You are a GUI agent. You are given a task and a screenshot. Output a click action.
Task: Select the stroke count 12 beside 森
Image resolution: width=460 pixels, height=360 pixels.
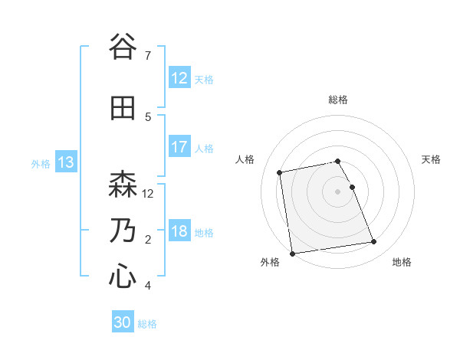(x=149, y=194)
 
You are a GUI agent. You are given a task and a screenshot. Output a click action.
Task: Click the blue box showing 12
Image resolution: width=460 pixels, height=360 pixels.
(x=179, y=78)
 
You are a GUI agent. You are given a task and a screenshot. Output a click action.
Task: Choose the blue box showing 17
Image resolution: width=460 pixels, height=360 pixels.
(x=179, y=147)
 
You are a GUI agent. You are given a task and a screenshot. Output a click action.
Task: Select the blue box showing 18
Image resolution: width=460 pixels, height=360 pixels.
(x=179, y=231)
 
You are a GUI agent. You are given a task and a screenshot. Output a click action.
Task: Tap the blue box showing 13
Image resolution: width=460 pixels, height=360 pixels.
(x=65, y=162)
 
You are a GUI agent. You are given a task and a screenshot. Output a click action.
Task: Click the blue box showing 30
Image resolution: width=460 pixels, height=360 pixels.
(x=123, y=323)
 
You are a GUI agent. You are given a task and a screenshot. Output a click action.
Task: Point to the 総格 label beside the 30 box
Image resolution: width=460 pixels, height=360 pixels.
(x=147, y=324)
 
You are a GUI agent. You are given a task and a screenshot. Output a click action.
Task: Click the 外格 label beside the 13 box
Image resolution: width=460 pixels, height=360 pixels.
(x=41, y=163)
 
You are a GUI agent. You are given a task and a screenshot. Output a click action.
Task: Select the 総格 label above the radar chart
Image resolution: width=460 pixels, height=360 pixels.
(x=338, y=100)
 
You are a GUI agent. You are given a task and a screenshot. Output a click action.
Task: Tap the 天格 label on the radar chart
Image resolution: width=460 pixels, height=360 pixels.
(x=432, y=159)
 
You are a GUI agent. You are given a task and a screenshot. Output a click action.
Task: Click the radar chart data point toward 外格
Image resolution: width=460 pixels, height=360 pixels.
(x=292, y=253)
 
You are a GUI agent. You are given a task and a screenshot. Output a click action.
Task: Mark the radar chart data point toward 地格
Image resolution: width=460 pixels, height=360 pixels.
(x=373, y=242)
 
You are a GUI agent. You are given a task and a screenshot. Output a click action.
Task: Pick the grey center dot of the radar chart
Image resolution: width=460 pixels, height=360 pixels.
(x=338, y=191)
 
